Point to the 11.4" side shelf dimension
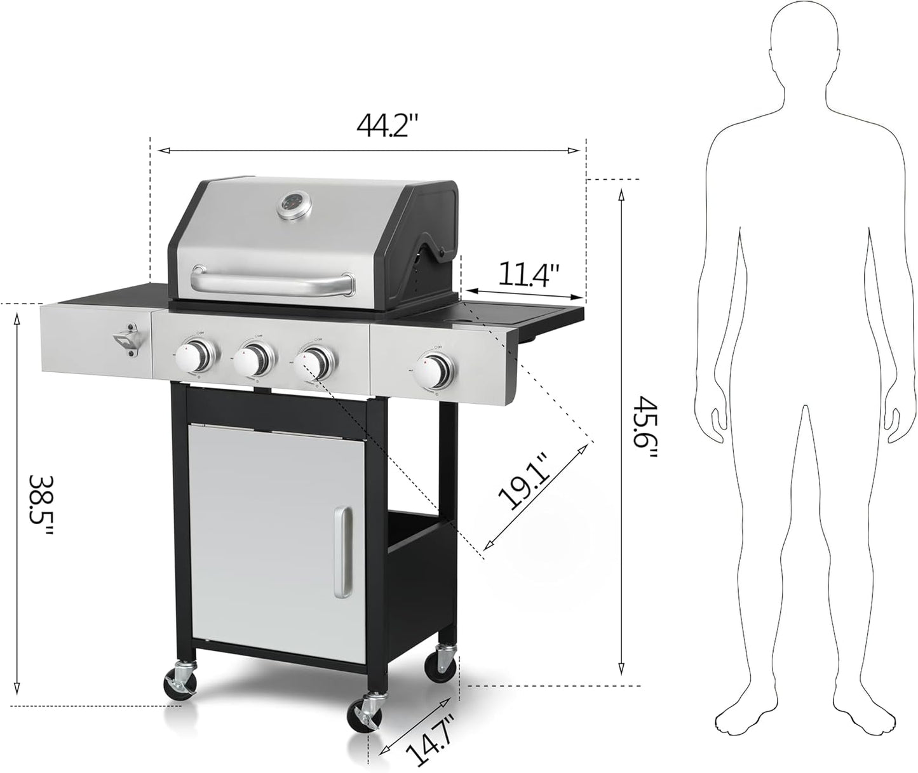pyautogui.click(x=528, y=274)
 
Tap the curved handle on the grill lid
pyautogui.click(x=273, y=283)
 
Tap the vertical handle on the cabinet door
pyautogui.click(x=342, y=553)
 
